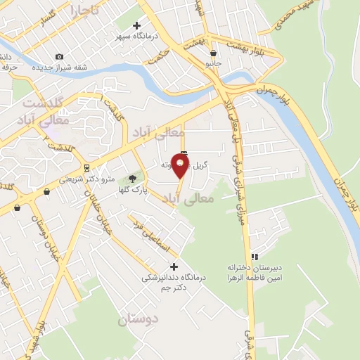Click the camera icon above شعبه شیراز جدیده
59,56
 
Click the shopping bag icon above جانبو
213,53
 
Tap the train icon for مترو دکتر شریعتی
86,168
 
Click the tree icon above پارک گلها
131,179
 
